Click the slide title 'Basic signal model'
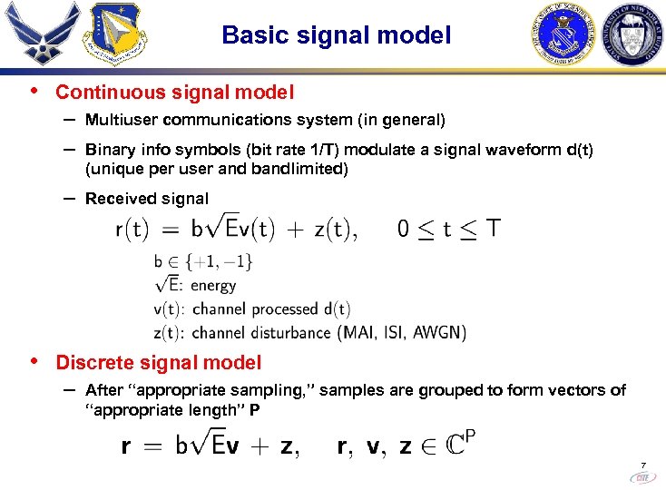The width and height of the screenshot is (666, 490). (x=336, y=35)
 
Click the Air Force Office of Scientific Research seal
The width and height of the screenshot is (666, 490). (x=563, y=35)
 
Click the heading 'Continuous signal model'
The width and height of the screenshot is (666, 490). (x=174, y=93)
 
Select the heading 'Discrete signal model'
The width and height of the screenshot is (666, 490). (x=159, y=363)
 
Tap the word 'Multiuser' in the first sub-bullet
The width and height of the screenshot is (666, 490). (x=121, y=120)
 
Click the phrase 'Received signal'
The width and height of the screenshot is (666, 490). (x=146, y=199)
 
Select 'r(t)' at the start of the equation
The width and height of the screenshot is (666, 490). (x=133, y=230)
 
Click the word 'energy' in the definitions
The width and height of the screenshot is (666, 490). (x=214, y=286)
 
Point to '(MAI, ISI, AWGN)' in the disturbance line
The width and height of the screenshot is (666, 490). (x=402, y=332)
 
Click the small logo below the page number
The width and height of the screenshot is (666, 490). (x=642, y=476)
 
